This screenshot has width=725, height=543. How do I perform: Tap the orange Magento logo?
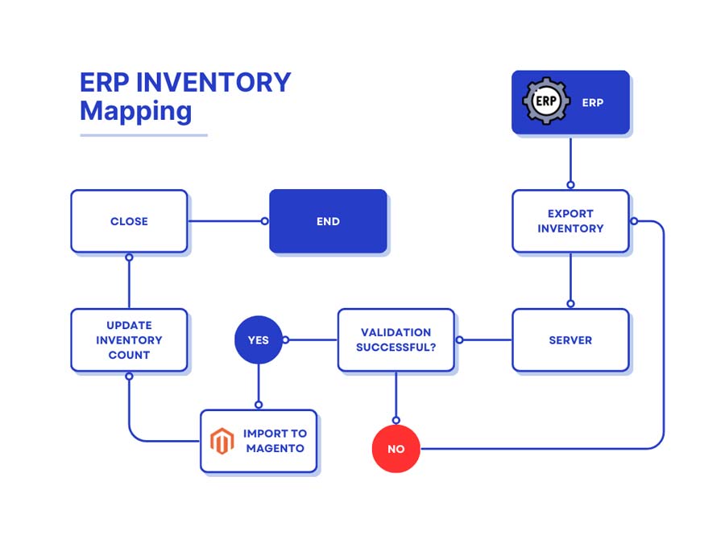tap(222, 441)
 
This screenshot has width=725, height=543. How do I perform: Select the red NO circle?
tap(396, 449)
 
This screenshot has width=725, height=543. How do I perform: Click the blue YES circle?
tap(258, 339)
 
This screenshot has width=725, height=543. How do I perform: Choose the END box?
tap(328, 221)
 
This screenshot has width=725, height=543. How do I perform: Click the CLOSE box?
tap(129, 221)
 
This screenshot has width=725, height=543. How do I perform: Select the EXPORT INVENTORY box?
tap(570, 221)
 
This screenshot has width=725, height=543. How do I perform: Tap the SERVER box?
tap(570, 339)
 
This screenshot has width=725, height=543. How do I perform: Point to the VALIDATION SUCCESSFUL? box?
tap(396, 339)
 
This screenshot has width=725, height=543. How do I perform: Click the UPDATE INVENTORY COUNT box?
tap(129, 339)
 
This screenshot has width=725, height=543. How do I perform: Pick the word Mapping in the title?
tap(135, 110)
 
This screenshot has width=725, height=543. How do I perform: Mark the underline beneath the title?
tap(143, 135)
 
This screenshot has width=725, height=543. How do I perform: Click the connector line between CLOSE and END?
tap(226, 221)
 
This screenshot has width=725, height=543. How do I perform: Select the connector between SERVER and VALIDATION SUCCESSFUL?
tap(486, 339)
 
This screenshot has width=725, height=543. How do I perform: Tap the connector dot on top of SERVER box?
tap(570, 304)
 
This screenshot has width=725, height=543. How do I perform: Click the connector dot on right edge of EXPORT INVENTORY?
tap(634, 221)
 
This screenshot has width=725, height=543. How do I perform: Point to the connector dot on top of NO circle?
tap(396, 420)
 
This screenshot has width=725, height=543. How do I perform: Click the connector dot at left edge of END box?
tap(265, 221)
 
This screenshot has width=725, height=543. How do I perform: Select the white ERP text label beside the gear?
tap(592, 103)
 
